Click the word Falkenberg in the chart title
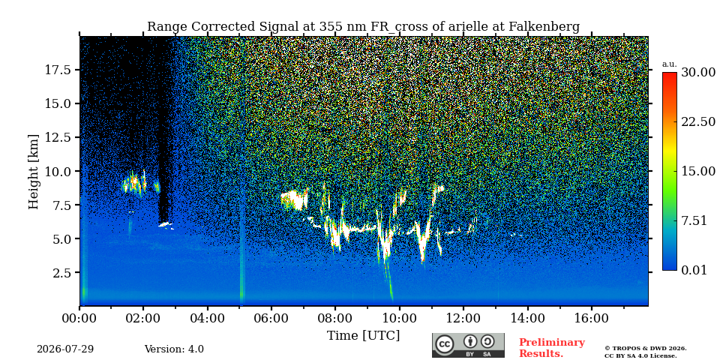click(x=544, y=27)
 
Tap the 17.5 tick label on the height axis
click(x=58, y=70)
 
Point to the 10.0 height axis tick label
click(x=58, y=171)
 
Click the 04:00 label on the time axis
click(x=207, y=319)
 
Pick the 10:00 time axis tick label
click(x=399, y=319)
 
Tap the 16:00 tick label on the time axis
click(x=590, y=319)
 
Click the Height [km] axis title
click(x=34, y=172)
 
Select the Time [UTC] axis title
click(x=363, y=336)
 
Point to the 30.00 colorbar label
click(x=698, y=73)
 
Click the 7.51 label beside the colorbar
click(x=694, y=220)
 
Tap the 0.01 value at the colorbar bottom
click(x=694, y=270)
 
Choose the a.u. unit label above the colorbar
click(x=669, y=64)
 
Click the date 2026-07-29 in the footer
click(x=65, y=349)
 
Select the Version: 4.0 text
click(x=174, y=349)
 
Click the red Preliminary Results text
click(x=552, y=348)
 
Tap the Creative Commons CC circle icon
click(x=444, y=344)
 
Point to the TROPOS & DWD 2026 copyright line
click(x=646, y=349)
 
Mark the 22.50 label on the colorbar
click(x=698, y=122)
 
